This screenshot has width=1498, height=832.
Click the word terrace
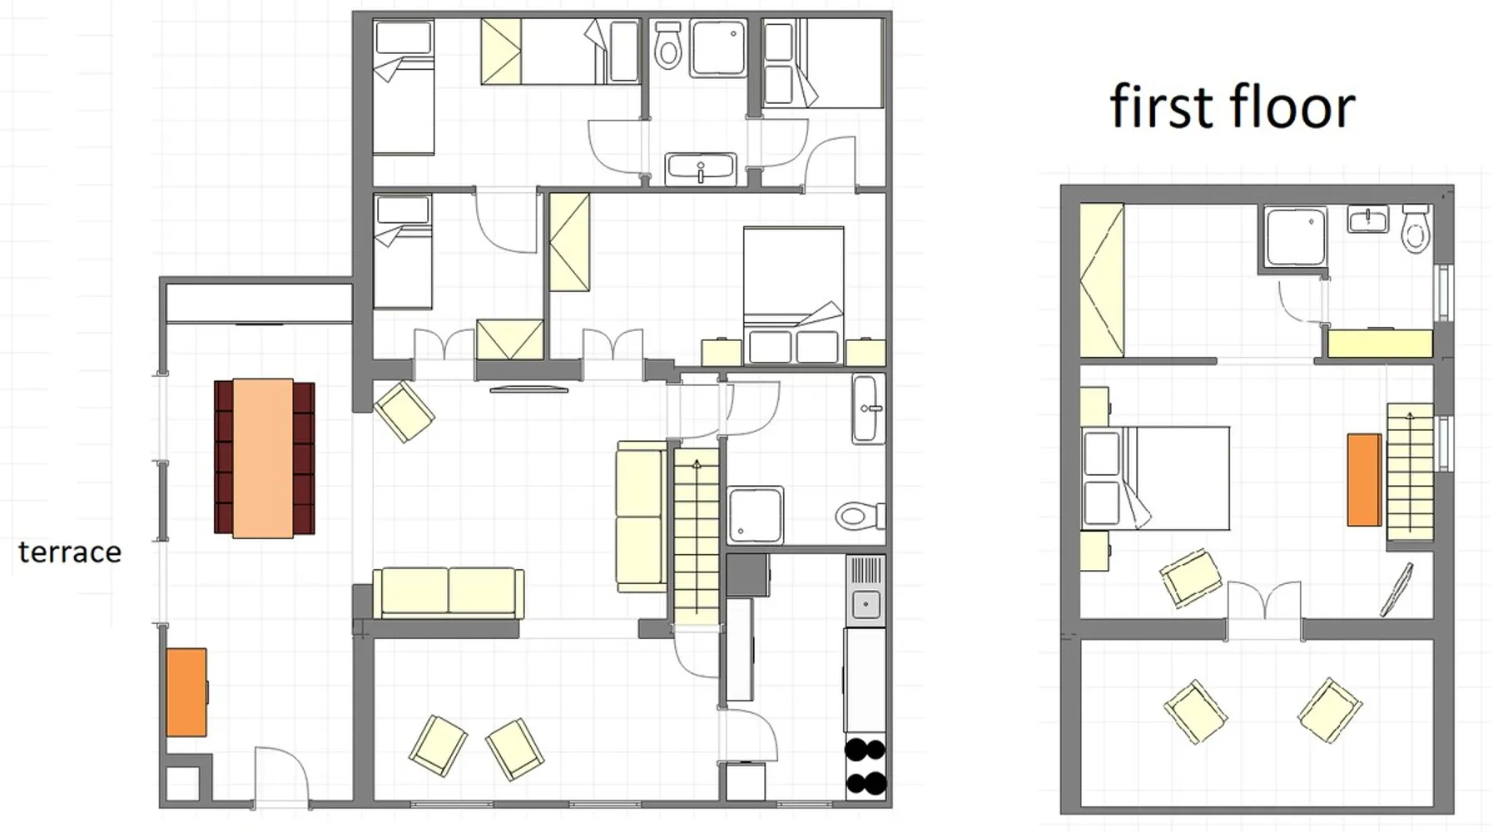(70, 552)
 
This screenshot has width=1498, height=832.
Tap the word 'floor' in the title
(1292, 106)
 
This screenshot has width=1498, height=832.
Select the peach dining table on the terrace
(263, 458)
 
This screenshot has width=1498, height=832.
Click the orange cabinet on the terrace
(186, 692)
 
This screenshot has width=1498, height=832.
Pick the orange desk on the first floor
(1364, 480)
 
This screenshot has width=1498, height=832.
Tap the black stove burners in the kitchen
(866, 766)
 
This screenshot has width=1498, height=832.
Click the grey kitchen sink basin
(866, 605)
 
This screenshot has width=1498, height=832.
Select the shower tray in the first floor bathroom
(1294, 236)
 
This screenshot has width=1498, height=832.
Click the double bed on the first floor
(1156, 478)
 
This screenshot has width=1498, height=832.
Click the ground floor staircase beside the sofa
(696, 537)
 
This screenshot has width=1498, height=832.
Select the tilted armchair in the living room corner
(404, 412)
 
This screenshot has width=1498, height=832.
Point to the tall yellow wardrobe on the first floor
(1102, 281)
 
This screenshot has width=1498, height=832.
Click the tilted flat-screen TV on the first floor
(1397, 590)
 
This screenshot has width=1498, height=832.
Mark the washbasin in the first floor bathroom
(1368, 220)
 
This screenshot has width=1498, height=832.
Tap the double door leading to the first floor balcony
(1264, 601)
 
